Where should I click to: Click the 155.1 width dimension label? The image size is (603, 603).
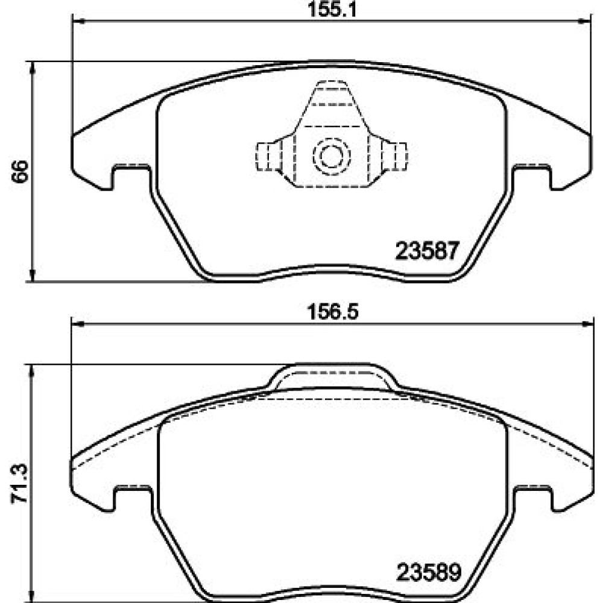click(x=332, y=10)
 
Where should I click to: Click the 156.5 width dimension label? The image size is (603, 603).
click(x=332, y=312)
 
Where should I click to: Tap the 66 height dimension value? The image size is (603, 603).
click(x=20, y=171)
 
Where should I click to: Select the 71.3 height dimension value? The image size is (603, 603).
click(x=20, y=484)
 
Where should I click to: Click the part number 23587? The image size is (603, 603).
click(x=428, y=251)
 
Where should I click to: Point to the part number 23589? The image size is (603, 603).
click(x=429, y=573)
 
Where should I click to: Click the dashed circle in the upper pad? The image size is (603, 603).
click(x=332, y=156)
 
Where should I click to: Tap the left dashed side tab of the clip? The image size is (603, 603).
click(x=269, y=156)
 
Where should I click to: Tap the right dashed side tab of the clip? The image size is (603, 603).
click(x=394, y=156)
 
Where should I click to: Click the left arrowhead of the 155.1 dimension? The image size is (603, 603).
click(x=78, y=22)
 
